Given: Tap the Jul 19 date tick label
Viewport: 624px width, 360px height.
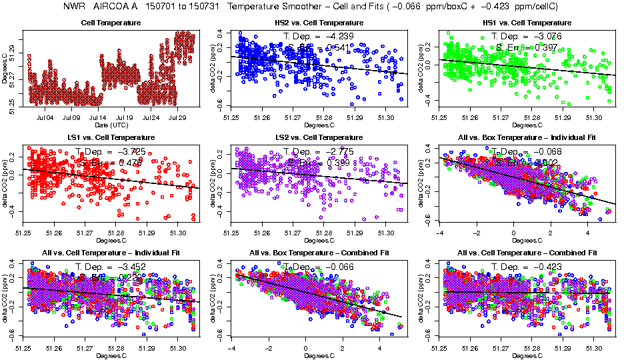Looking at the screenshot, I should (x=125, y=118).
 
